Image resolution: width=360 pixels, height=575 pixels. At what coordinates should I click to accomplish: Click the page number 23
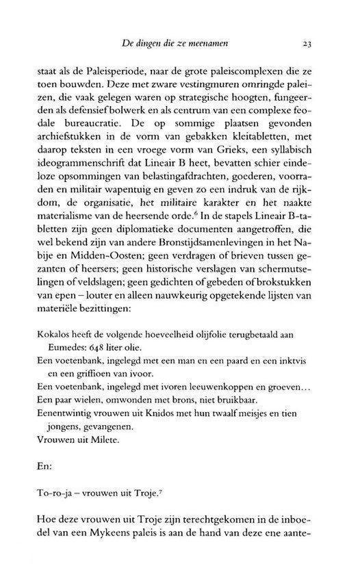tap(307, 44)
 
